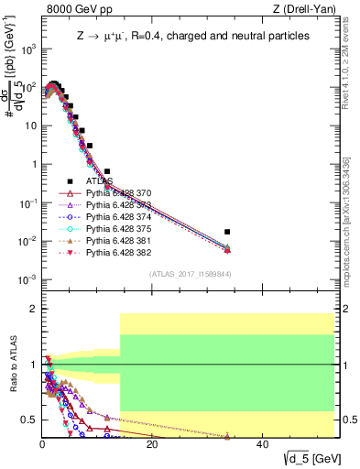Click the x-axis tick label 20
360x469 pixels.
[152, 444]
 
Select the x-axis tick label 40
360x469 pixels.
[262, 444]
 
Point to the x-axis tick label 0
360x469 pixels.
[42, 444]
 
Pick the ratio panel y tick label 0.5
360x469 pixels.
[28, 420]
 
